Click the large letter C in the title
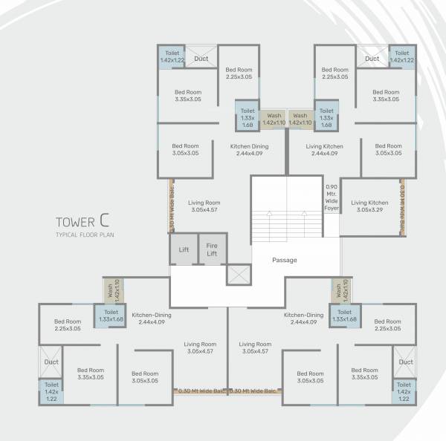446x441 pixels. click(x=107, y=220)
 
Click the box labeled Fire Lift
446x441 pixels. click(x=212, y=250)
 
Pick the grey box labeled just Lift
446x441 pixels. click(x=184, y=250)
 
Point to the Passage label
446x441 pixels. click(x=284, y=260)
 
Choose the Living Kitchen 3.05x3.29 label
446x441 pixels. click(x=369, y=206)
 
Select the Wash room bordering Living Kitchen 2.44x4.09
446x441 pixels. click(x=300, y=120)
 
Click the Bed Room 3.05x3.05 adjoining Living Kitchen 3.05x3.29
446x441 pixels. click(x=388, y=151)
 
